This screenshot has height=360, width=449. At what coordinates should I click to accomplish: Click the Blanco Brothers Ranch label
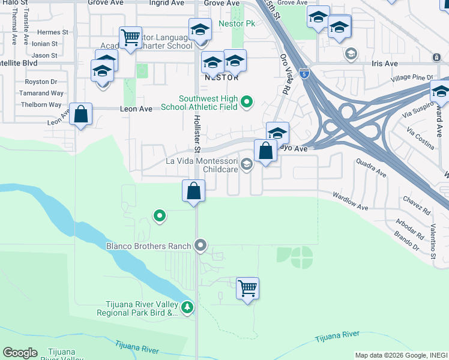(x=148, y=246)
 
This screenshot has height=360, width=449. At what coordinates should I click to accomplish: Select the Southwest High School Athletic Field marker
(x=246, y=104)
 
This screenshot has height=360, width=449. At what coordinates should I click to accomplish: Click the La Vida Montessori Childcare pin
(x=246, y=164)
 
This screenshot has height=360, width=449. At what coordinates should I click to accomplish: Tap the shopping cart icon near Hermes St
(x=130, y=38)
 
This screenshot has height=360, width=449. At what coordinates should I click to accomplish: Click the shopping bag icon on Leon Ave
(x=80, y=114)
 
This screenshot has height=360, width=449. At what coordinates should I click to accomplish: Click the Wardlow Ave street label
(x=351, y=201)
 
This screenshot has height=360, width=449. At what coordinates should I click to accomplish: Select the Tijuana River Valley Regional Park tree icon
(x=188, y=308)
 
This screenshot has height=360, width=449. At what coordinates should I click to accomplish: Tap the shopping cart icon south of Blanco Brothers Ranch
(x=247, y=289)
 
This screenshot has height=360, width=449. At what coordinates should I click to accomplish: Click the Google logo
(x=20, y=353)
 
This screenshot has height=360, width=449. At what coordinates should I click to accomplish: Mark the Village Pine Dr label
(x=411, y=78)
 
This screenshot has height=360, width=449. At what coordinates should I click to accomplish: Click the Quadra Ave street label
(x=370, y=167)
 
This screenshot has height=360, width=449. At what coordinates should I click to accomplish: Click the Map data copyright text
(x=401, y=355)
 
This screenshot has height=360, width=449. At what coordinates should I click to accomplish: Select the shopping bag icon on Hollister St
(x=194, y=192)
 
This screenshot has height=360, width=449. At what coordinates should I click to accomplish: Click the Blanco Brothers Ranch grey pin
(x=201, y=245)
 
